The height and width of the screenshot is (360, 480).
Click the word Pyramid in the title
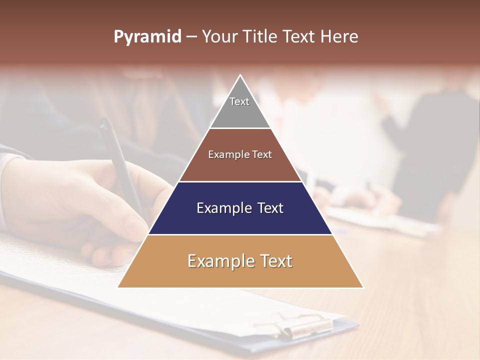(x=147, y=37)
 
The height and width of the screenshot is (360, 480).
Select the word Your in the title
(x=218, y=37)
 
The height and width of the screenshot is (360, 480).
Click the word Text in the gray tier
(x=239, y=101)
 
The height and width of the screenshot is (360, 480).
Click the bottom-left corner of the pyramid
(x=118, y=287)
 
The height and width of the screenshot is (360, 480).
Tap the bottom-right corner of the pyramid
(x=362, y=287)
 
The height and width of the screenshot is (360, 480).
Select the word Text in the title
(x=299, y=37)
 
